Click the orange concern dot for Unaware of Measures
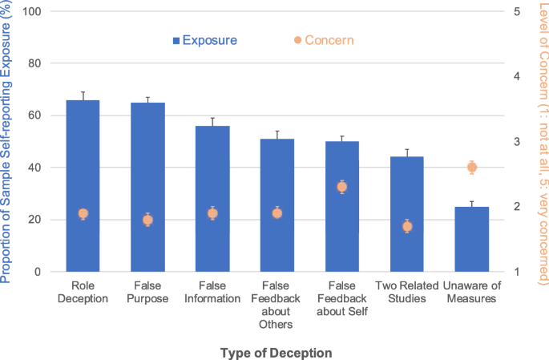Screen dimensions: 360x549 [x=472, y=168]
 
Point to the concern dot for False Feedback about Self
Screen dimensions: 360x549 [x=342, y=187]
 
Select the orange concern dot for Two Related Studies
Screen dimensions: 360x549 [x=407, y=227]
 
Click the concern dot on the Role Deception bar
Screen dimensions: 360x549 [x=83, y=214]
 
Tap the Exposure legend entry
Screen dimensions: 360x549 [x=204, y=39]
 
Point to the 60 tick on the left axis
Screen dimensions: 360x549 [x=36, y=115]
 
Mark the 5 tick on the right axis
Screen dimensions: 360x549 [x=518, y=11]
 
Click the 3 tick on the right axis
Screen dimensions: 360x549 [x=518, y=142]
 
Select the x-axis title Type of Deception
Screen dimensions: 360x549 [x=275, y=352]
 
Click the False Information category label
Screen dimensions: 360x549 [x=212, y=292]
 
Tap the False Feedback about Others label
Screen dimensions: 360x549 [x=277, y=305]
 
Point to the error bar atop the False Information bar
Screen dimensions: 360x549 [x=212, y=121]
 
